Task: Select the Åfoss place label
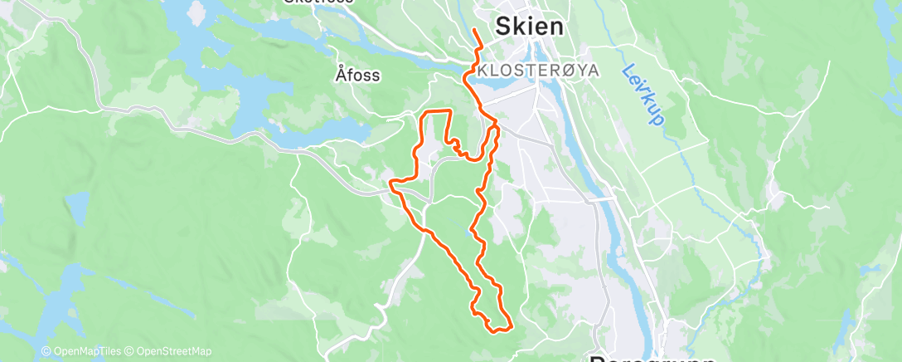point(358,76)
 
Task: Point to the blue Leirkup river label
point(643,95)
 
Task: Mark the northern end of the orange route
point(473,30)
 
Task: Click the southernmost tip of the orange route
point(497,331)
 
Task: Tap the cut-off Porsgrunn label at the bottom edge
point(639,359)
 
